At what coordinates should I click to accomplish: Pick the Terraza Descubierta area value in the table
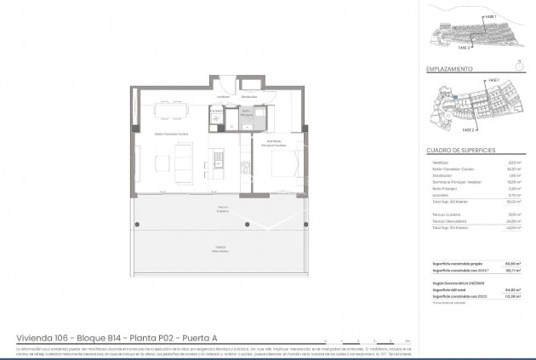pos(513,221)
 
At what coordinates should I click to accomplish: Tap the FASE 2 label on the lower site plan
pos(467,131)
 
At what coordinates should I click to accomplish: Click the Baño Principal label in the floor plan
pos(246,111)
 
